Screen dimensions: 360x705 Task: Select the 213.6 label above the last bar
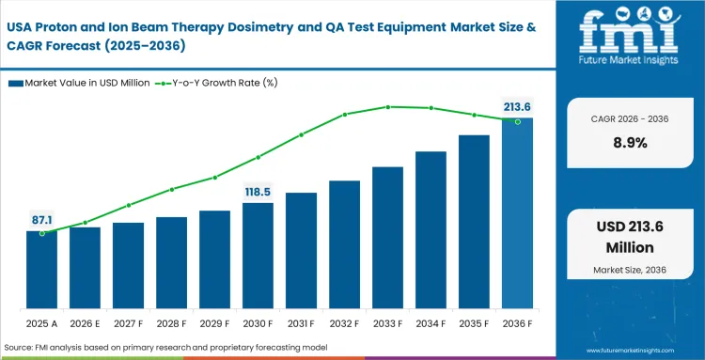pyautogui.click(x=517, y=105)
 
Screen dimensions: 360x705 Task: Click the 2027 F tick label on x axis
pyautogui.click(x=128, y=324)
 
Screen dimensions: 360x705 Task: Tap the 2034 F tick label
pyautogui.click(x=431, y=324)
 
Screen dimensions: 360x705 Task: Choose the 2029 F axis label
pyautogui.click(x=214, y=324)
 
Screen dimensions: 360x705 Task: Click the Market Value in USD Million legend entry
pyautogui.click(x=80, y=84)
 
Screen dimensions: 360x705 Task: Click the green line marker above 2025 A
pyautogui.click(x=41, y=232)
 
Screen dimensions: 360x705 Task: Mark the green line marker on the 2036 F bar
pyautogui.click(x=517, y=120)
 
